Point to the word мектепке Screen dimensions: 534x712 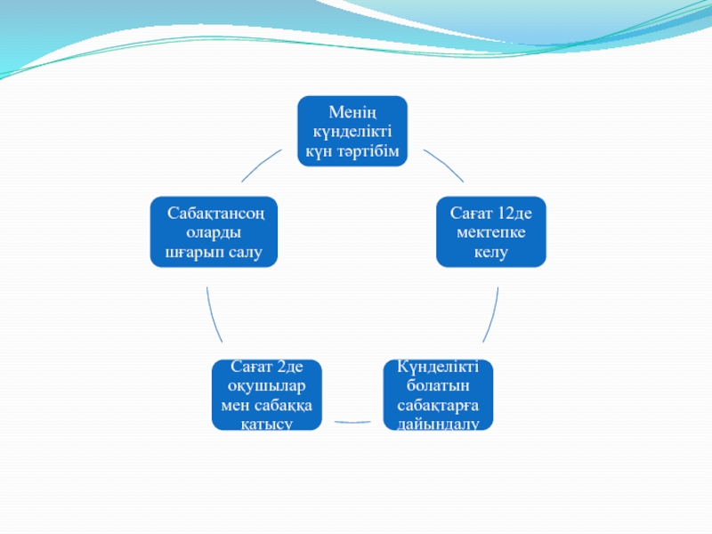[x=491, y=233]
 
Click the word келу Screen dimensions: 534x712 [x=491, y=253]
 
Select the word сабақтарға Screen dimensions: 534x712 [x=438, y=405]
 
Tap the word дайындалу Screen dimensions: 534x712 [x=438, y=424]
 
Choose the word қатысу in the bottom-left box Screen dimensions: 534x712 [x=267, y=424]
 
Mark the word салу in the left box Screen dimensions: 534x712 [x=244, y=253]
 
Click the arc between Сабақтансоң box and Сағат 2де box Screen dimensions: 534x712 [x=212, y=316]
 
